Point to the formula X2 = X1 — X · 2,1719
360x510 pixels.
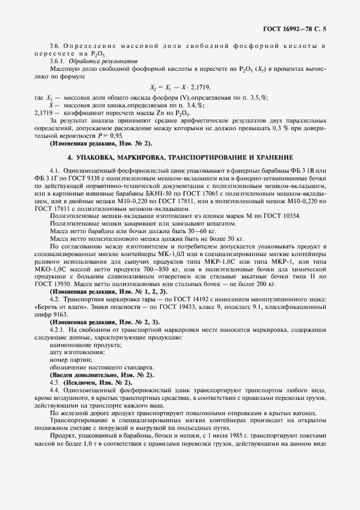click(x=180, y=87)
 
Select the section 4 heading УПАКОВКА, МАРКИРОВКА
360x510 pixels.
click(x=180, y=157)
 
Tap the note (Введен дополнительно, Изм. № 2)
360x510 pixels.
click(x=102, y=375)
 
